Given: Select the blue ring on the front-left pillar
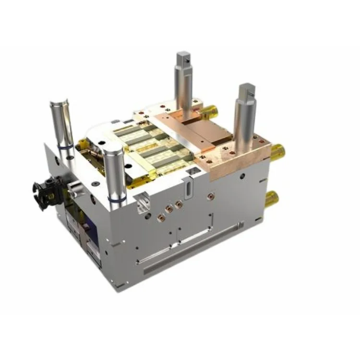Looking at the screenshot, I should coord(117,198).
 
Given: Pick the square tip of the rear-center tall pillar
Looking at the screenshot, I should coord(184,60).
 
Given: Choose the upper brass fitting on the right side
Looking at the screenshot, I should coord(277,152).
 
